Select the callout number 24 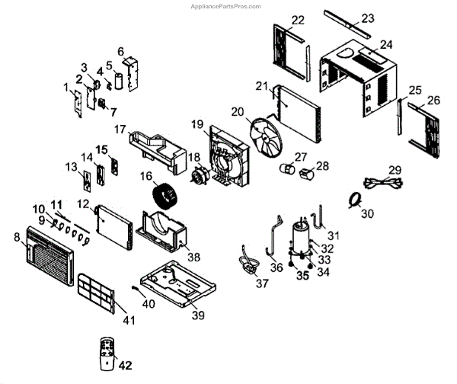(386, 44)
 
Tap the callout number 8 (17, 237)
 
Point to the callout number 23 (368, 18)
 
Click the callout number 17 (119, 129)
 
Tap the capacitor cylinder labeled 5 (119, 82)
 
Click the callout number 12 (83, 204)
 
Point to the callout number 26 (434, 100)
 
